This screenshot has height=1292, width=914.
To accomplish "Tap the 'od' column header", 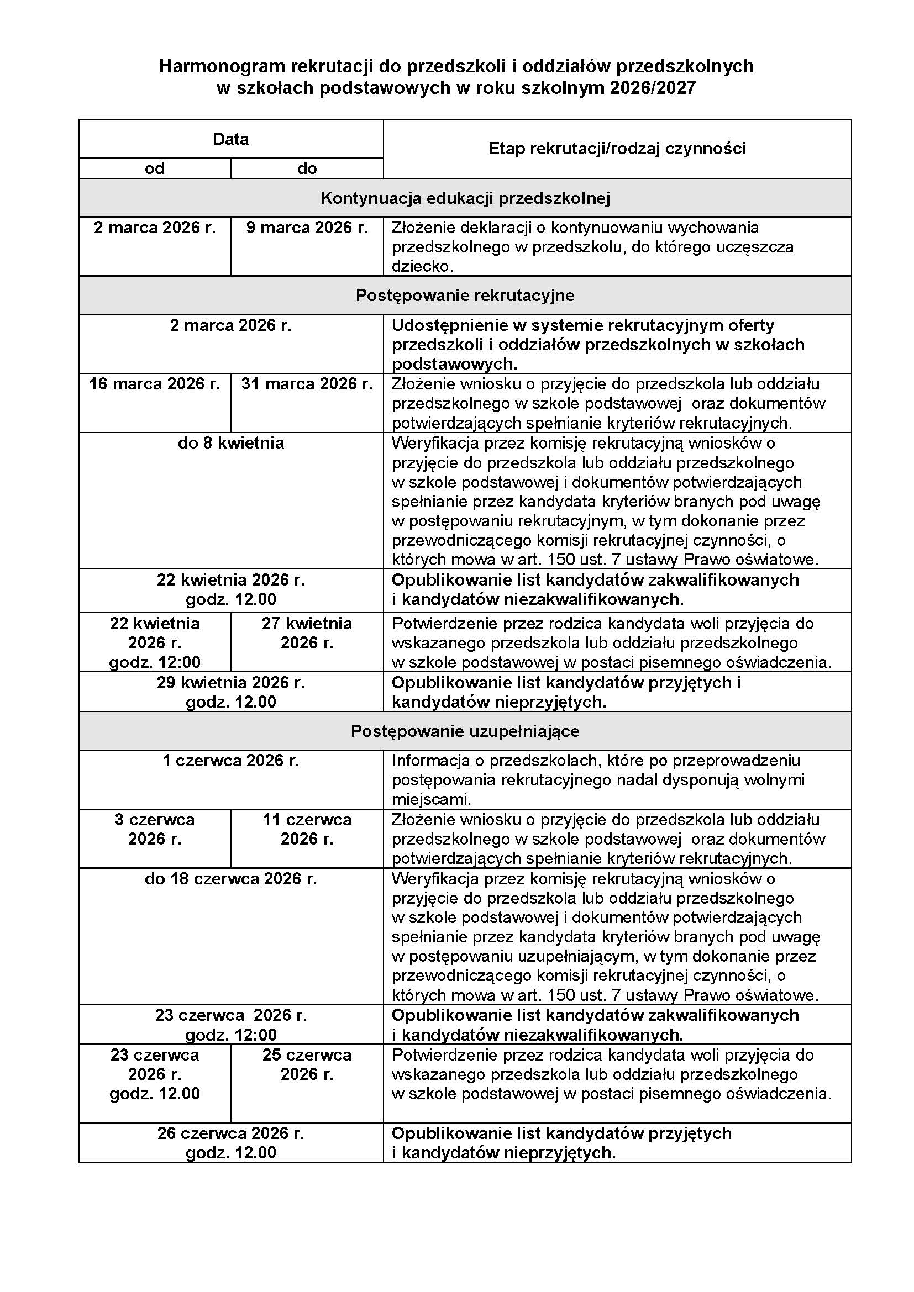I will click(x=155, y=168).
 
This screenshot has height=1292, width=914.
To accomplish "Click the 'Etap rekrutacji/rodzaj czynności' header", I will click(x=617, y=149).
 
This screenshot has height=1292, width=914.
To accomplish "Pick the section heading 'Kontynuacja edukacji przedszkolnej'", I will click(x=465, y=198).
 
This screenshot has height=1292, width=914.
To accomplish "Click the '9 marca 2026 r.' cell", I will click(x=307, y=228).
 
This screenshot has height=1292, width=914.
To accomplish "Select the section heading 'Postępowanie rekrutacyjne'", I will click(x=465, y=296).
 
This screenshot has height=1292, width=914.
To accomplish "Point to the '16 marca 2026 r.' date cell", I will click(x=155, y=384).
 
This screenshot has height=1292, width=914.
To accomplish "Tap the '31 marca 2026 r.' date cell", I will click(x=307, y=384).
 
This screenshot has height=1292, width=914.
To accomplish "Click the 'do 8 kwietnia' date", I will click(x=231, y=444).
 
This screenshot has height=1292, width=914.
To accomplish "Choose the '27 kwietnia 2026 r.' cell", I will click(x=307, y=633).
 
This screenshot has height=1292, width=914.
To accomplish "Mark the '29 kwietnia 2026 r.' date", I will click(x=231, y=683).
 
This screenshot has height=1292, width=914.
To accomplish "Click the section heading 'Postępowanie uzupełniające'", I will click(x=465, y=731).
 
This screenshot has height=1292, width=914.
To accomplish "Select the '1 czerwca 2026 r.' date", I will click(x=231, y=761).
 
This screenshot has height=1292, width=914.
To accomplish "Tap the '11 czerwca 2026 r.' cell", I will click(x=307, y=829).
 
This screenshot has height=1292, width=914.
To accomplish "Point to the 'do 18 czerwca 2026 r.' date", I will click(x=231, y=879).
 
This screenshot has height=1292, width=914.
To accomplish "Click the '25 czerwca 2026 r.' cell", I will click(x=307, y=1064).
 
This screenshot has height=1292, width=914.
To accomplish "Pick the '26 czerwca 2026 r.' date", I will click(x=231, y=1133).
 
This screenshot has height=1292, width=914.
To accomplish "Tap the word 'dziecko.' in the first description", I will click(x=422, y=266).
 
